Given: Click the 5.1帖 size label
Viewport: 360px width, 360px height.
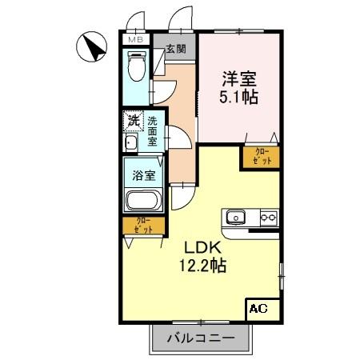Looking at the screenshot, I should coord(238,99).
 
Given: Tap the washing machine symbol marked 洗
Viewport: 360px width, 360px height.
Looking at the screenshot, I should coord(133,122).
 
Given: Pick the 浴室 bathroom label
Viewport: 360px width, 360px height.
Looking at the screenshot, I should coord(144,173).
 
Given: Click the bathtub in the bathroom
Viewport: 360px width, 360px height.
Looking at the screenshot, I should coord(144,202).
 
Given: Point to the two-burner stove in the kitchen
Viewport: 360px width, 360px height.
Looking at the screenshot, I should coord(267,216).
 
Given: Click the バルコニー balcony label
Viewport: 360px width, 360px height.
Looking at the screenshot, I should coord(201,338).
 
